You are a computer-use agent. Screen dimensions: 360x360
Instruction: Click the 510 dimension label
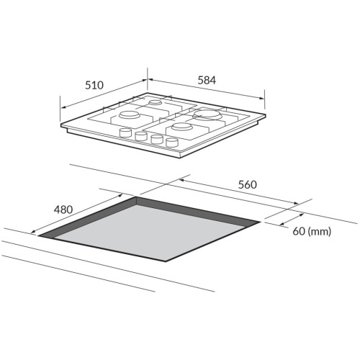pos(94,85)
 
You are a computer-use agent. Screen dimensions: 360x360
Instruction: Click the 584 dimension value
pos(207,80)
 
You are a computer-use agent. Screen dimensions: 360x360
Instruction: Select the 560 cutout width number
pos(248,184)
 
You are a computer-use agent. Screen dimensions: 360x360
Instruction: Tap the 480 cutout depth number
pos(63,210)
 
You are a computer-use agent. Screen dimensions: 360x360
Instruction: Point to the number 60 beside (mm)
pos(299,231)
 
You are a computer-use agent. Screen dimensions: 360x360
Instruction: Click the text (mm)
pos(320,232)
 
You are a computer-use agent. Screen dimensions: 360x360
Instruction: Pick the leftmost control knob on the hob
pos(125,132)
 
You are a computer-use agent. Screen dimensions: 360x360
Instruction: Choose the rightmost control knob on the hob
pos(171,142)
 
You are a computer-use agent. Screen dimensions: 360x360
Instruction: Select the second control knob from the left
pos(141,136)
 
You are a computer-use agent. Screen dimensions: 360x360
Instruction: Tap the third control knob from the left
pos(156,139)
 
